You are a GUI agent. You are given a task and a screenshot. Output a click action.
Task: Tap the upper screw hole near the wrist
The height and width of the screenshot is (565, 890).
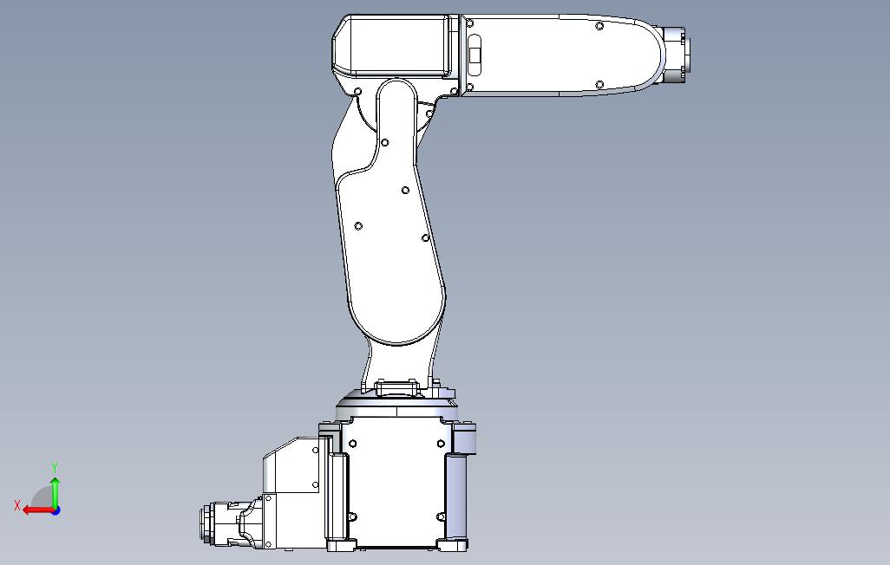(599, 26)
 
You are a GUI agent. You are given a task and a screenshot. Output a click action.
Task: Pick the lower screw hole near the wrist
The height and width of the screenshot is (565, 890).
(599, 84)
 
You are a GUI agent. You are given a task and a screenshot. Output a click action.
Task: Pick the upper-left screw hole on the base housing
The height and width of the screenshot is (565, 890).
(353, 444)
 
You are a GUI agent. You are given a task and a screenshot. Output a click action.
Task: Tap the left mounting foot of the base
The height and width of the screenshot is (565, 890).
(341, 545)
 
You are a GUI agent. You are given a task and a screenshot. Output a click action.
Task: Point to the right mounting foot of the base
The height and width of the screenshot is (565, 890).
(453, 545)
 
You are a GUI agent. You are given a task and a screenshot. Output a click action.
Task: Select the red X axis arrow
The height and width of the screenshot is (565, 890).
(36, 510)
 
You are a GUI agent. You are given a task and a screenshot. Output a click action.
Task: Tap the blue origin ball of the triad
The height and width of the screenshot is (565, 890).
(55, 510)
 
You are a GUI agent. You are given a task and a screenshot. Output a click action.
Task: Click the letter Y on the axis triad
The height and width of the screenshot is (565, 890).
(55, 468)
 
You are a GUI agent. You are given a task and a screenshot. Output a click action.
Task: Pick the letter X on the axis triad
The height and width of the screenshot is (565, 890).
(17, 505)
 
